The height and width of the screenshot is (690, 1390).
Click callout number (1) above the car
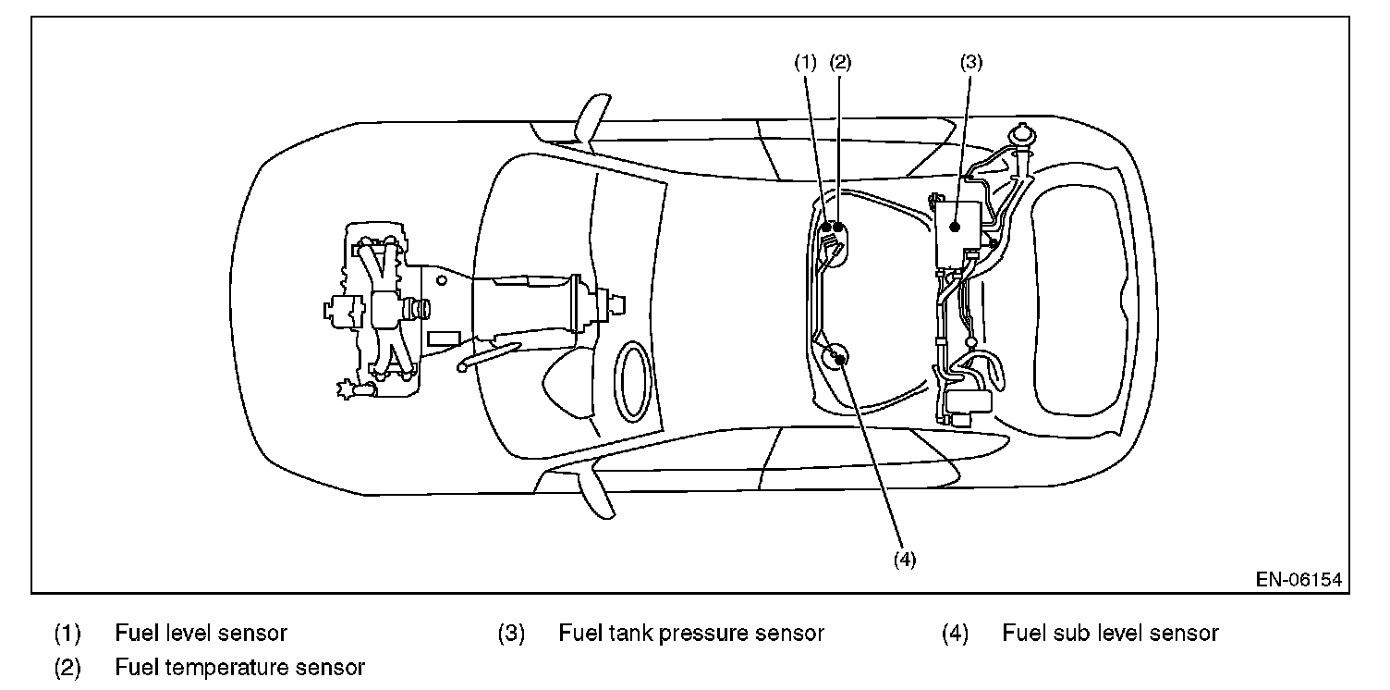click(806, 62)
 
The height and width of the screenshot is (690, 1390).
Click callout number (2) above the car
click(840, 62)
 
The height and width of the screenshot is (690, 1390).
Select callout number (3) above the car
click(971, 62)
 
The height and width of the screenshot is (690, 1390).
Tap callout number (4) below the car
click(905, 560)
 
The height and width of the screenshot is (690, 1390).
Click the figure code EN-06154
click(1299, 579)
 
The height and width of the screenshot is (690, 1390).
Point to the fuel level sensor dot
click(826, 228)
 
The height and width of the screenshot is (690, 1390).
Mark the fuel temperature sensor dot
click(838, 228)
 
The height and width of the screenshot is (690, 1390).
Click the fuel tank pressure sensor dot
click(956, 228)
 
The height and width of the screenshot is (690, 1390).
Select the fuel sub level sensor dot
click(840, 360)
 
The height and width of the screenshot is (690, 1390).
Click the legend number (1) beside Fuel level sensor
click(67, 633)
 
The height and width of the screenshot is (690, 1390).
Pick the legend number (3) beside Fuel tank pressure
click(511, 633)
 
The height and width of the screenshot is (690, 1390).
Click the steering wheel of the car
click(632, 381)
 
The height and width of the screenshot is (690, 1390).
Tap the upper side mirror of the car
click(592, 118)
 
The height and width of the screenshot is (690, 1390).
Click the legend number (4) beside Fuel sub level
click(955, 633)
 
